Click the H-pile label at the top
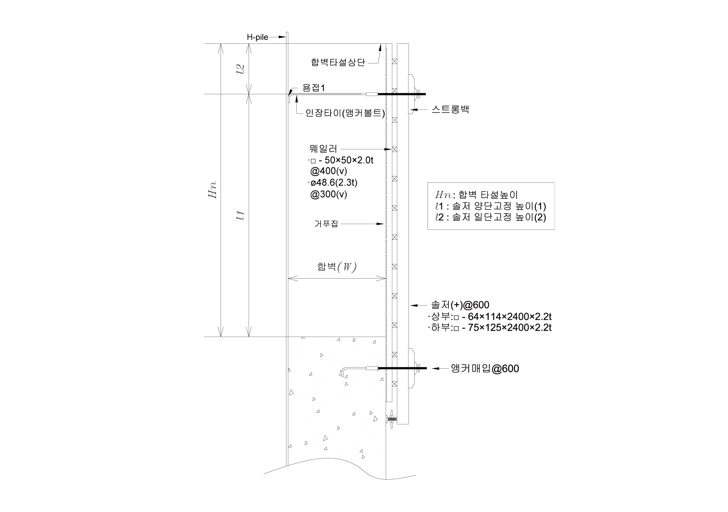click(x=258, y=37)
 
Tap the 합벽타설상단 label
click(x=338, y=62)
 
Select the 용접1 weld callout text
click(x=314, y=88)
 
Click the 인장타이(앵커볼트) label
click(x=345, y=113)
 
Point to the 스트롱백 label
click(x=450, y=109)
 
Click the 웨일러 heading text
click(x=323, y=149)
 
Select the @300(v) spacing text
click(x=329, y=194)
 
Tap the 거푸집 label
click(x=326, y=224)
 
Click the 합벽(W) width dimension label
click(x=337, y=267)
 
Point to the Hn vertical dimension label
click(x=212, y=189)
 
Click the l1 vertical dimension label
click(x=240, y=216)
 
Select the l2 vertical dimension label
click(x=240, y=68)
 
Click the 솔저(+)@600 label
click(x=460, y=305)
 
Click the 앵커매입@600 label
click(x=485, y=368)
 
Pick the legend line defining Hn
click(x=477, y=195)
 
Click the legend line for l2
click(x=491, y=217)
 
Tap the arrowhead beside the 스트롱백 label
click(x=413, y=110)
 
